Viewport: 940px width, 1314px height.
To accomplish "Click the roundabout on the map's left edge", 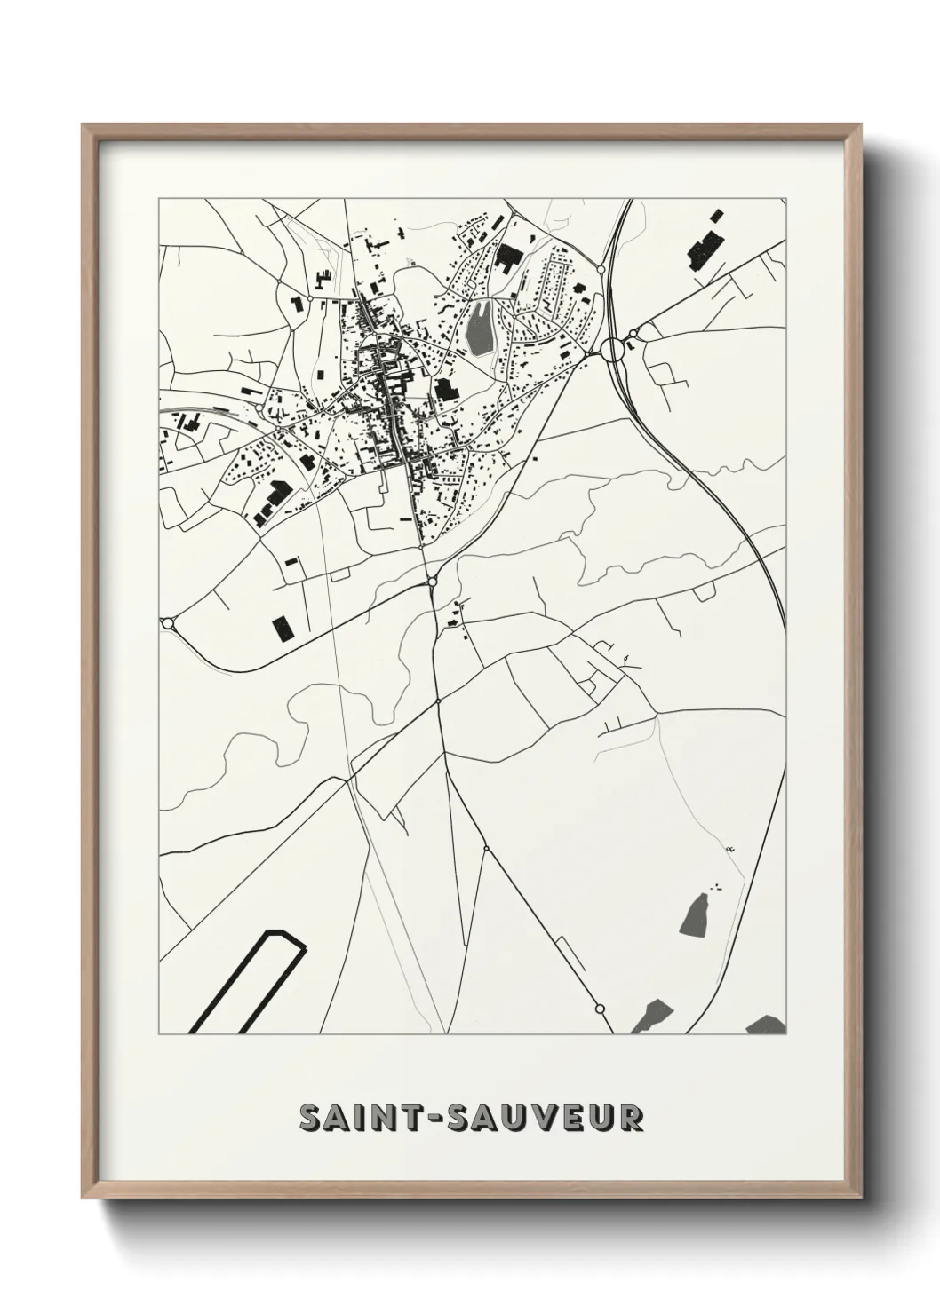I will click(166, 622).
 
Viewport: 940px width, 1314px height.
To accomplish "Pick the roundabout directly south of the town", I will click(432, 582).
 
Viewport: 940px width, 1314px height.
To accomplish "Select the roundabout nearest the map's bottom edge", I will click(600, 1009).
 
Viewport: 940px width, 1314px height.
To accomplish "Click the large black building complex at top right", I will click(705, 241).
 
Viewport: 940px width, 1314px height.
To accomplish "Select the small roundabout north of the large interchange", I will click(601, 268).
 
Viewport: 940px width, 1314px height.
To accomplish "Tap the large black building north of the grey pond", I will click(508, 257).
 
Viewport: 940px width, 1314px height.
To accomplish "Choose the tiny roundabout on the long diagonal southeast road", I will click(486, 849).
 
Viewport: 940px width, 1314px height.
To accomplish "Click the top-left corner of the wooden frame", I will click(84, 126).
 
